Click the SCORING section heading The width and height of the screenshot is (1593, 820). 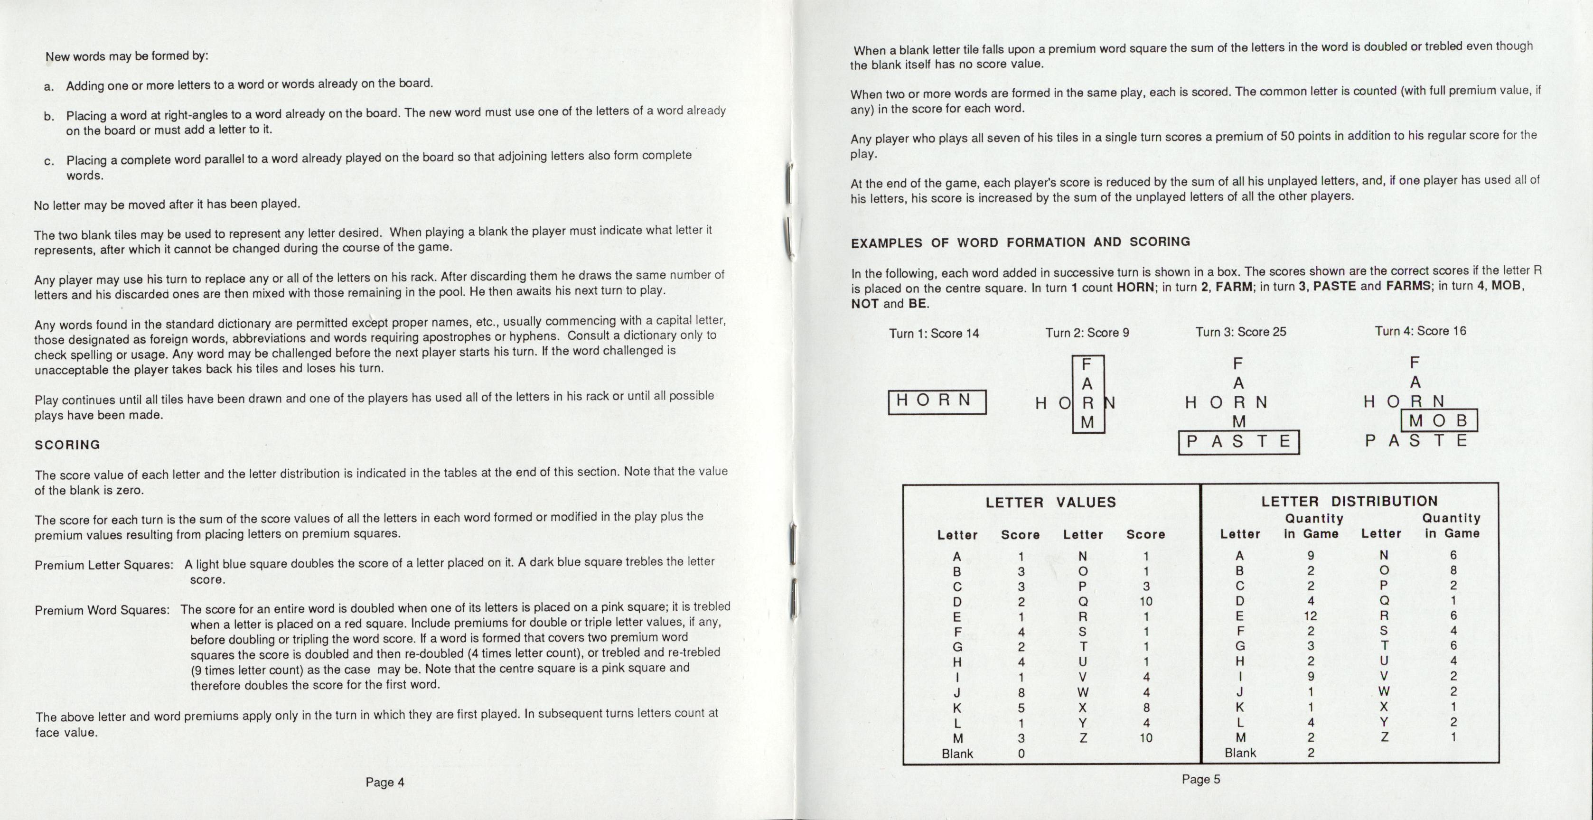(x=67, y=445)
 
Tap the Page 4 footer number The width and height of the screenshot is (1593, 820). (x=384, y=783)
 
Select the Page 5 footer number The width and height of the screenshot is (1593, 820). (x=1201, y=779)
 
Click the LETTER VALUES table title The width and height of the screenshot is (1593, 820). (x=1050, y=502)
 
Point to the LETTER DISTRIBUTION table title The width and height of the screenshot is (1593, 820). (x=1349, y=501)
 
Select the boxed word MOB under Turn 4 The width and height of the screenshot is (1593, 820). (x=1438, y=421)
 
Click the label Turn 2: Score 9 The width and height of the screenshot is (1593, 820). (x=1087, y=333)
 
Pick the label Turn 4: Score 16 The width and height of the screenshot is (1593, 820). (x=1421, y=331)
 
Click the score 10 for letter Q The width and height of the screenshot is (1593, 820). (x=1146, y=601)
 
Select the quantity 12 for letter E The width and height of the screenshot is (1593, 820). (x=1311, y=616)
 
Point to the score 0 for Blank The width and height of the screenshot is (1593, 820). (x=1021, y=753)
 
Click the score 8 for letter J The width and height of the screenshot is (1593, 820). (x=1021, y=693)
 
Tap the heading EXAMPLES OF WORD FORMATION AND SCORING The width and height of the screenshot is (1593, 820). (x=1021, y=242)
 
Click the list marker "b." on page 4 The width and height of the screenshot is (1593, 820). (x=49, y=116)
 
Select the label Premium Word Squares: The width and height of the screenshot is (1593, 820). (x=102, y=610)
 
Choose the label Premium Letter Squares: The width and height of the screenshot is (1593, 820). (x=104, y=565)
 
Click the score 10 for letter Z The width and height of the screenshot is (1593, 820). (x=1146, y=738)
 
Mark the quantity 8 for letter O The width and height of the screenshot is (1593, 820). (x=1453, y=570)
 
